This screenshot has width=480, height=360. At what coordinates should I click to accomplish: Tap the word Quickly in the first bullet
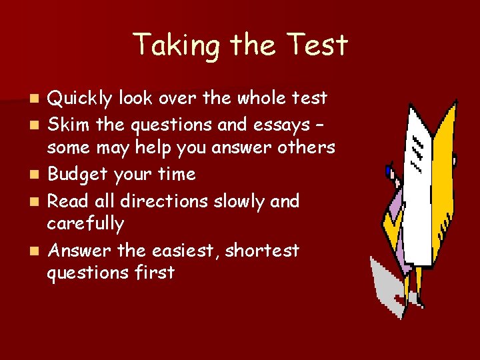[x=83, y=99]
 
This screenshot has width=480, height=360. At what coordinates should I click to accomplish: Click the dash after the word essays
[x=323, y=125]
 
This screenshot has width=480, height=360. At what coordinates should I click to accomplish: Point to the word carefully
[x=87, y=225]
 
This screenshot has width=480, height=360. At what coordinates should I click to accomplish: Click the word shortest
[x=262, y=251]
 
